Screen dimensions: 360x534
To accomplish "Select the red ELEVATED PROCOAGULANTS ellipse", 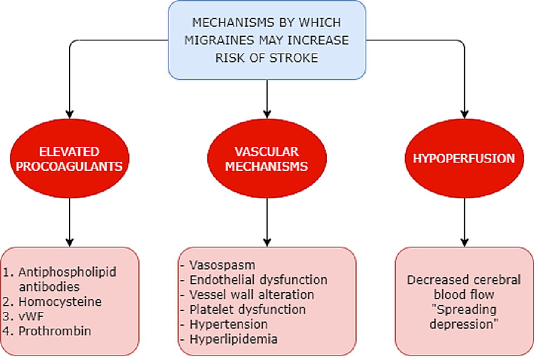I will [69, 159].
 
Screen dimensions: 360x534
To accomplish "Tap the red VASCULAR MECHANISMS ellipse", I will [267, 159].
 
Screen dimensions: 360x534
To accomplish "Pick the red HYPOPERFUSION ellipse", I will [464, 159].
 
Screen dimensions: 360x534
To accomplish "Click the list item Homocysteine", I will [59, 301].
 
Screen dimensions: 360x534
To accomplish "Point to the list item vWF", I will [31, 316].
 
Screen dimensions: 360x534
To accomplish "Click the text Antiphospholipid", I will [67, 272].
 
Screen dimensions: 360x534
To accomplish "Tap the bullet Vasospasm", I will [222, 265].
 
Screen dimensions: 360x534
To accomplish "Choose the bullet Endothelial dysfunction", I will [258, 280].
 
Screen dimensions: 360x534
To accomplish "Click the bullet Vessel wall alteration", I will [251, 294].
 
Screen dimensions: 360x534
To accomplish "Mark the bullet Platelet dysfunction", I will [247, 309].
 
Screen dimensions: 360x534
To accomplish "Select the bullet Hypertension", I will [228, 324].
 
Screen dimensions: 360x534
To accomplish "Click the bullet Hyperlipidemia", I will [233, 339].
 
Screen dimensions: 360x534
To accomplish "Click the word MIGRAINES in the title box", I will [233, 41].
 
